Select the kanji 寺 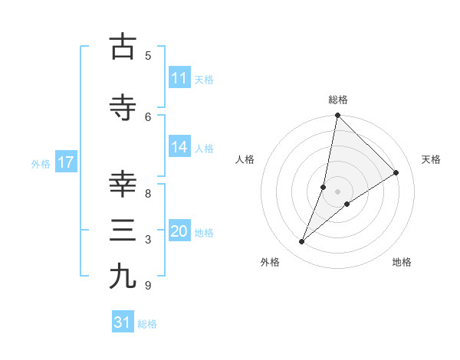[122, 108]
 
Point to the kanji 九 [122, 276]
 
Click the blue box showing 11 [179, 78]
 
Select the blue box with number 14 [179, 147]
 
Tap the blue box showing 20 [179, 231]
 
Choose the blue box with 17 [65, 162]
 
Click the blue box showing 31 [123, 322]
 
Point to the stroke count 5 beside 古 [148, 55]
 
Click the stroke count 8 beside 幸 [148, 193]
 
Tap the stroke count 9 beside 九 [148, 286]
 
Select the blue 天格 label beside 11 [204, 79]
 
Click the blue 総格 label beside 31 [147, 324]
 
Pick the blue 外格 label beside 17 [41, 163]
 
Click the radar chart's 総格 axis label [338, 100]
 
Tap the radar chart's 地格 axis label [402, 262]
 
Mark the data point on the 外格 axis [302, 242]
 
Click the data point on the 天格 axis [396, 173]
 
